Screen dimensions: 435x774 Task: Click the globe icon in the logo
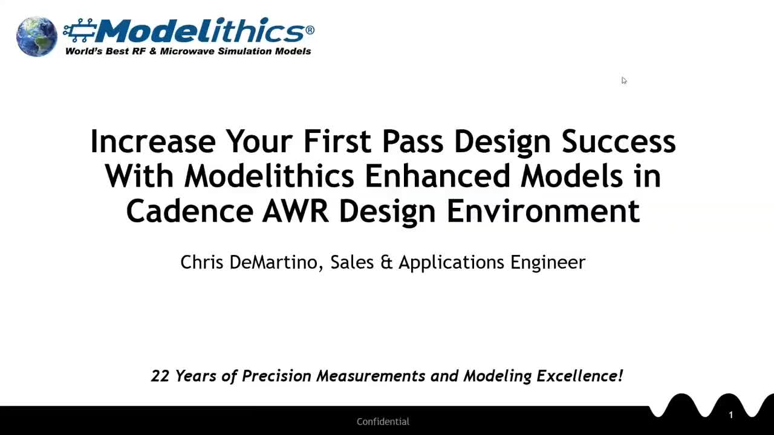(36, 36)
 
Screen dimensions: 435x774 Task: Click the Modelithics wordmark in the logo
(200, 30)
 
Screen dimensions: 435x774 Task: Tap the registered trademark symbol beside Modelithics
(310, 30)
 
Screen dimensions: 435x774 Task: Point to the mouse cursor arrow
(623, 80)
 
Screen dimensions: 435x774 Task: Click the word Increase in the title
(152, 141)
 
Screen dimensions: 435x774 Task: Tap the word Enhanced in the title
(437, 176)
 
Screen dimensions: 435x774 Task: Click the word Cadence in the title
(189, 211)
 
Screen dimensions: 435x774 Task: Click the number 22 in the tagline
(160, 376)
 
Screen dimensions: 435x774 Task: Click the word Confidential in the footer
(383, 422)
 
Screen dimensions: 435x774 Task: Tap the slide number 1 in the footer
(730, 415)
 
